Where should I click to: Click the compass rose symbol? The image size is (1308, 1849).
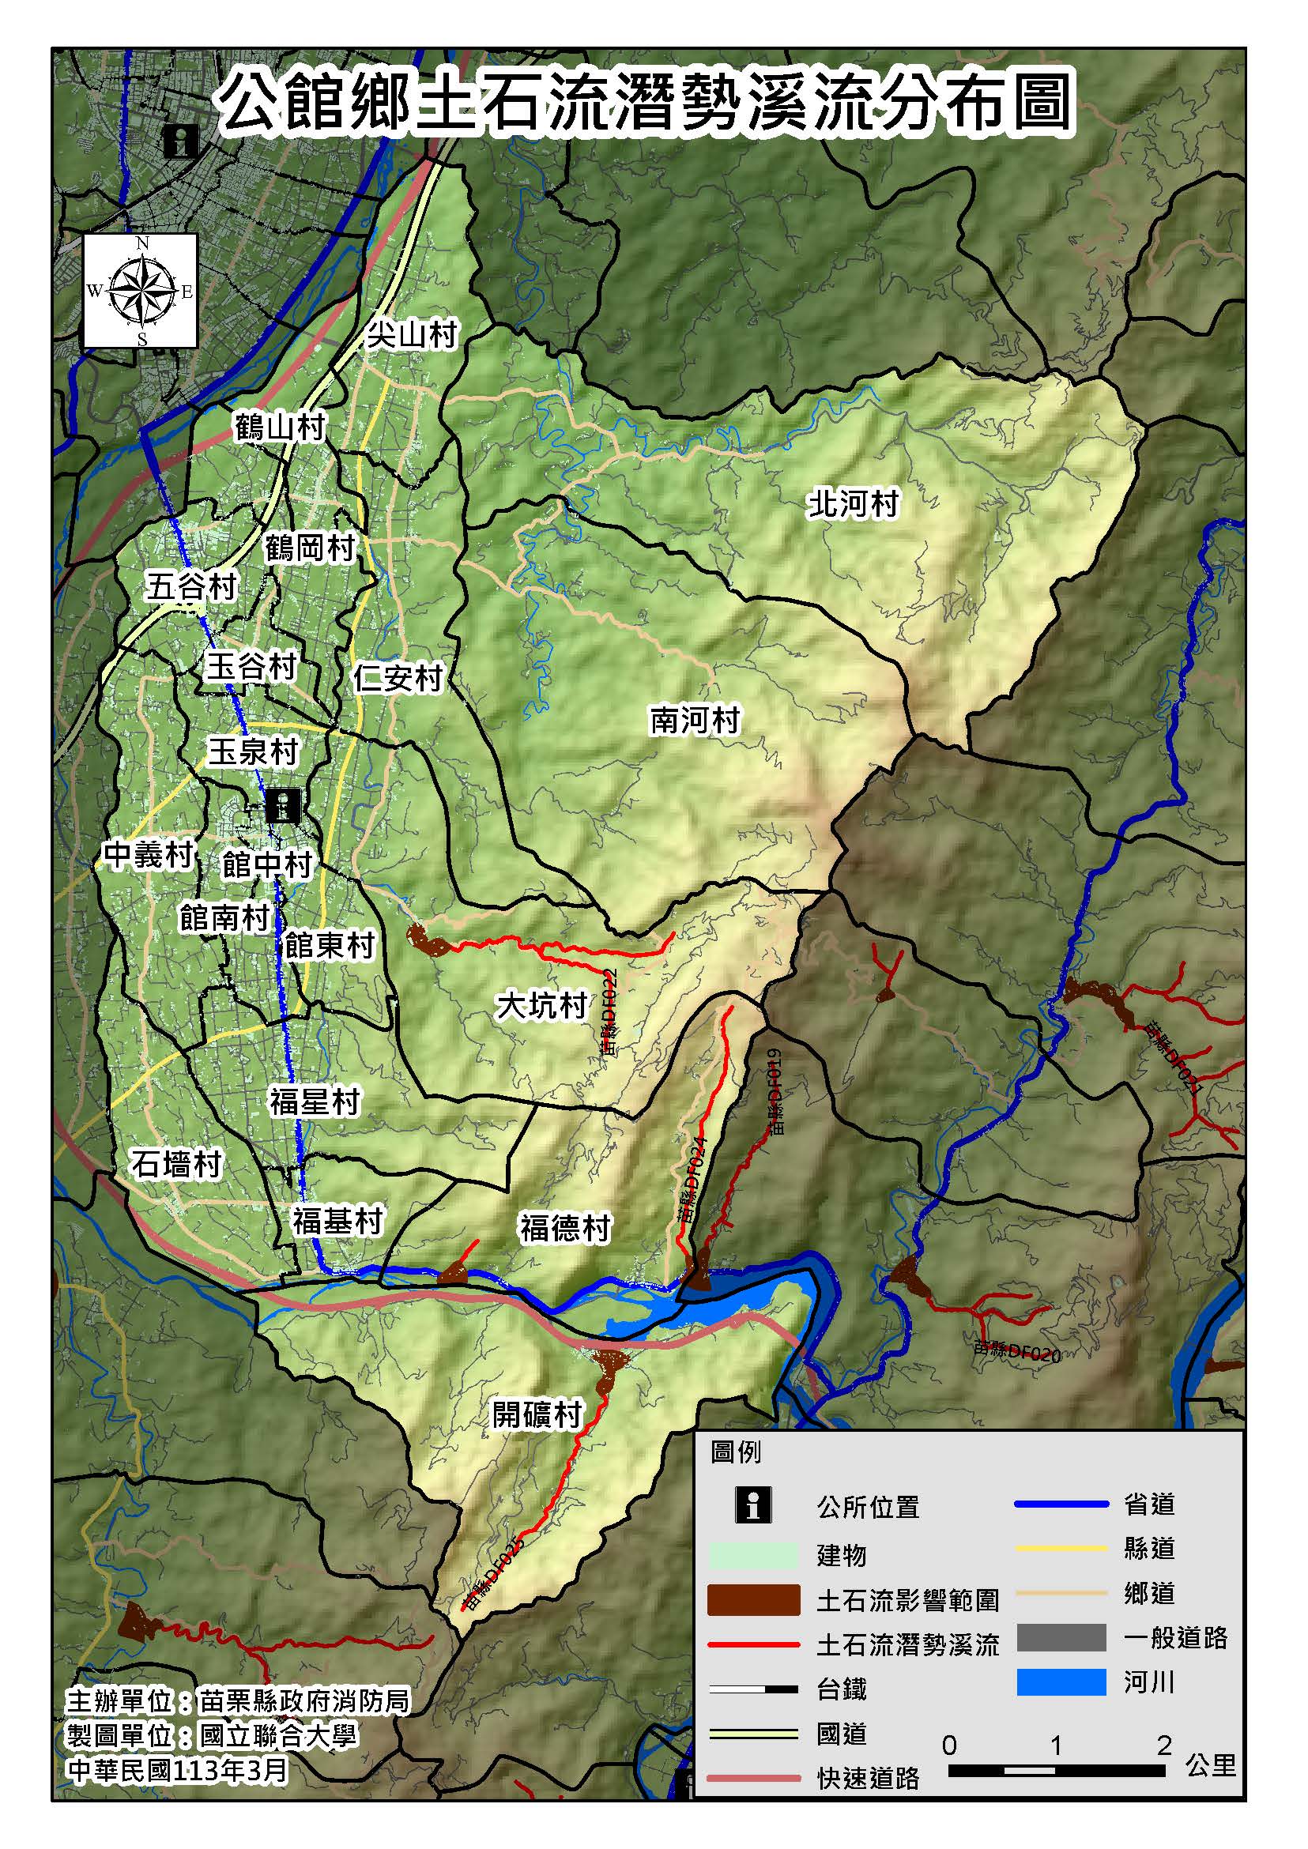pos(141,291)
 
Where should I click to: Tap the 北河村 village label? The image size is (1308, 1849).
pos(853,504)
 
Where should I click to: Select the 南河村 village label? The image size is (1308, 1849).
pos(694,720)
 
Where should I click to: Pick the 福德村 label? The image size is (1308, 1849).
pos(564,1228)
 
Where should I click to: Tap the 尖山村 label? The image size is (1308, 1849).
pos(413,334)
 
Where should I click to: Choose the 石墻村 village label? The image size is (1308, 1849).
pos(175,1164)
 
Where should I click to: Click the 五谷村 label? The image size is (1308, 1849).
pos(191,586)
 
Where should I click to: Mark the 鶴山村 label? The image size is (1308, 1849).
pos(280,427)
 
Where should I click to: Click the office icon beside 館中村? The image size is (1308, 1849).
pos(283,804)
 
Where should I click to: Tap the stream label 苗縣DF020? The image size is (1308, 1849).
pos(1016,1352)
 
